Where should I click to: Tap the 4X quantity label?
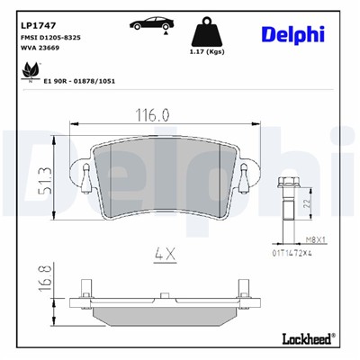(x=164, y=254)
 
